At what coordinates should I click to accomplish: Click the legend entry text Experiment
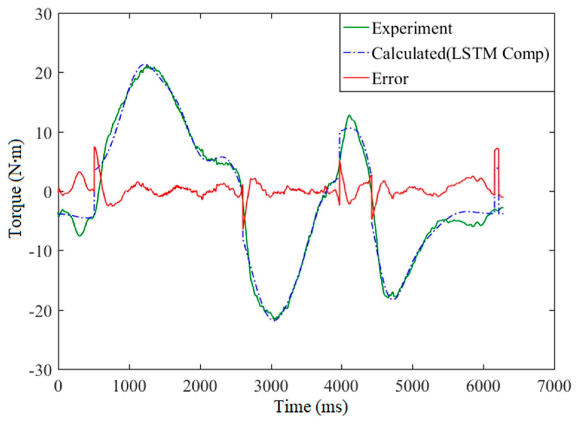click(412, 29)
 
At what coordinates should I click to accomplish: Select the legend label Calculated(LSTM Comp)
click(460, 54)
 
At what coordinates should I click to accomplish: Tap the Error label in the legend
click(390, 79)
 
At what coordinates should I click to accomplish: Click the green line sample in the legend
click(356, 27)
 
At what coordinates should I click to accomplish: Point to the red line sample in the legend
click(356, 77)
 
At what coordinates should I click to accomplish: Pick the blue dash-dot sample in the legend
click(356, 52)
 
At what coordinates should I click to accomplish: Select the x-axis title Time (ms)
click(311, 407)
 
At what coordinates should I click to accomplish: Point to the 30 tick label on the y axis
click(43, 14)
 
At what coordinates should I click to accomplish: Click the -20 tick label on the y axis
click(40, 310)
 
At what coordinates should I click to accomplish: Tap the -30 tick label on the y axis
click(40, 370)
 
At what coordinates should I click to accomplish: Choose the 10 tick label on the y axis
click(43, 132)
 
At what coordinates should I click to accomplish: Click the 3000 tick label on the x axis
click(271, 386)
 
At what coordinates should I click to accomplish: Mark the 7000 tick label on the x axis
click(554, 386)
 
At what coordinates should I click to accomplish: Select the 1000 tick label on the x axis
click(130, 386)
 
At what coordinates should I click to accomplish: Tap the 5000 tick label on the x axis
click(413, 386)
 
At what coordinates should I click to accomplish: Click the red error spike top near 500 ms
click(94, 147)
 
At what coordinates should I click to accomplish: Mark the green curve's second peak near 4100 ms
click(349, 115)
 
